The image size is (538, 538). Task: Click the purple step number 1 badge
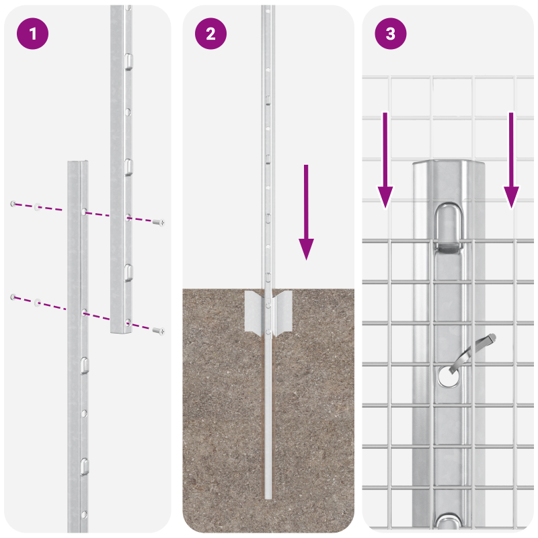(x=32, y=34)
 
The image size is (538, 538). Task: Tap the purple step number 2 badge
(x=211, y=34)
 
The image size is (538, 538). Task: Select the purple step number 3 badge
(x=391, y=34)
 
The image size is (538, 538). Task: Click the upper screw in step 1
(x=159, y=221)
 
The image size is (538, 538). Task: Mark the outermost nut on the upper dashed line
(x=13, y=203)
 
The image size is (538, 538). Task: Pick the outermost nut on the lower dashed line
(x=13, y=297)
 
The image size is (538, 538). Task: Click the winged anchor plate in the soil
(x=268, y=312)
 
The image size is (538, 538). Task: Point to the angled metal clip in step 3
(x=475, y=350)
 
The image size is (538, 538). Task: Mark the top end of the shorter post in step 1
(x=77, y=164)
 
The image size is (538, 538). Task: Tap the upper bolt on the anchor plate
(x=268, y=305)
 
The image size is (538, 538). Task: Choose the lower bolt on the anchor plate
(x=268, y=332)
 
